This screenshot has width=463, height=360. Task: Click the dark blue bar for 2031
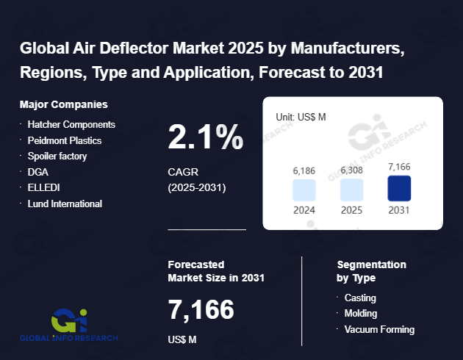pyautogui.click(x=398, y=189)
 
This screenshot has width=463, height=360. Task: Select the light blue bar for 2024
pyautogui.click(x=304, y=190)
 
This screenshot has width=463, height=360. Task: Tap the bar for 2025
pyautogui.click(x=351, y=190)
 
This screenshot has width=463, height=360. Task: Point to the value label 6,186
pyautogui.click(x=304, y=170)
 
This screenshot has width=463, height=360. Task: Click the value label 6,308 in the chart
pyautogui.click(x=351, y=170)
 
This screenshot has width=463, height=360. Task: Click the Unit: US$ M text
pyautogui.click(x=300, y=117)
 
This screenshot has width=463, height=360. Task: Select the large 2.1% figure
pyautogui.click(x=205, y=137)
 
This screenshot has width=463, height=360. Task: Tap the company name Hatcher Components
pyautogui.click(x=71, y=124)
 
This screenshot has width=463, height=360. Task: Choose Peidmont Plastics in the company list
pyautogui.click(x=65, y=140)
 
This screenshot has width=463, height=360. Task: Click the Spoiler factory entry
pyautogui.click(x=57, y=156)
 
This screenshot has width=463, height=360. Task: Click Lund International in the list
pyautogui.click(x=65, y=204)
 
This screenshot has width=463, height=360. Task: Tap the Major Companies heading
pyautogui.click(x=64, y=104)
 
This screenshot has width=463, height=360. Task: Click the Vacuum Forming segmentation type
pyautogui.click(x=379, y=329)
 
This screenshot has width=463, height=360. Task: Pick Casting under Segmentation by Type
pyautogui.click(x=360, y=298)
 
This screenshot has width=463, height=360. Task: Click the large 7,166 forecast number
pyautogui.click(x=201, y=309)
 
